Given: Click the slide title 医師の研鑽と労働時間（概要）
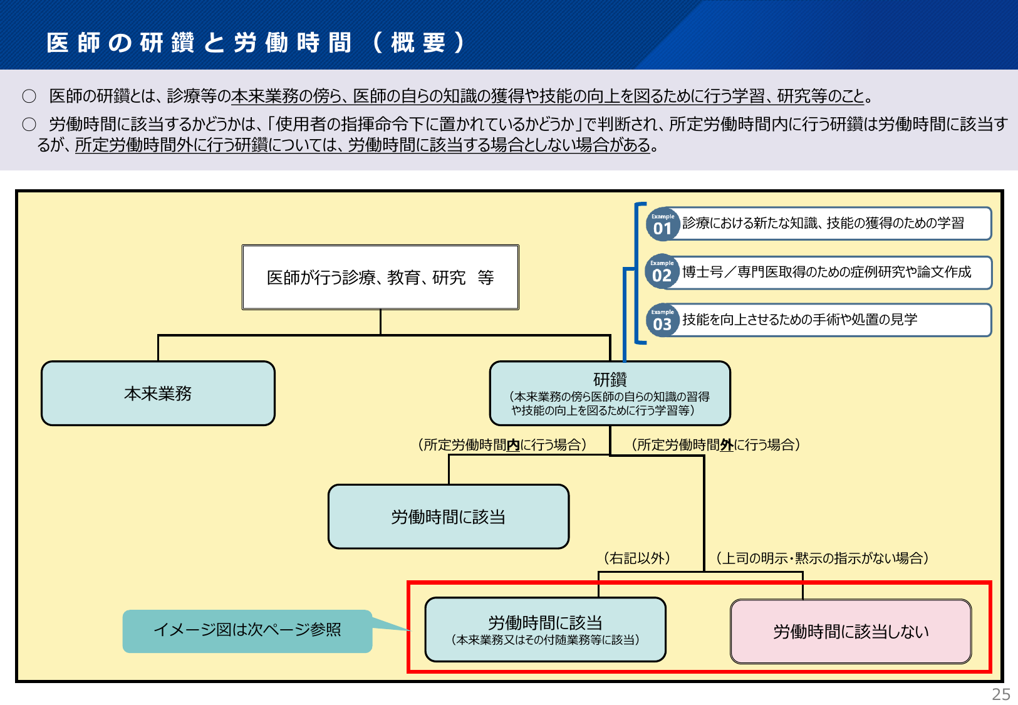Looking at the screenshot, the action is [256, 43].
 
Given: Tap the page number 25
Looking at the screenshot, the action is [1000, 694].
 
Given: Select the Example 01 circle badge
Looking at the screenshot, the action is [663, 224].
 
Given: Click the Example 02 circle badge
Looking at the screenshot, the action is [662, 271].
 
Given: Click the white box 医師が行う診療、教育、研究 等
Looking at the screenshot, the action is [380, 277].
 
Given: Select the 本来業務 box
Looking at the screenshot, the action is [158, 393].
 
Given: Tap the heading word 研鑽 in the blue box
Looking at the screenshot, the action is [610, 379].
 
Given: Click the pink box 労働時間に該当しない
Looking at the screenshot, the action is [851, 631].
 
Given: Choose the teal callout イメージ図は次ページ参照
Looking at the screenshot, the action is [247, 631].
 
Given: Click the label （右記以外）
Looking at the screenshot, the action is [637, 558].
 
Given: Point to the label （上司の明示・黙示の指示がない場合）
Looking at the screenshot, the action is [822, 558].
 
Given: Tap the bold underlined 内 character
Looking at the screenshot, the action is [513, 444].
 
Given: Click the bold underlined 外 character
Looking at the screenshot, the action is [727, 444].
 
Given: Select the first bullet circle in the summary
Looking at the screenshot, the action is [29, 96].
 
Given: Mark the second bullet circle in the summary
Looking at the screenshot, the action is [29, 124].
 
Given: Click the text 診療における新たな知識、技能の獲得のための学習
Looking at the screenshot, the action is [823, 222].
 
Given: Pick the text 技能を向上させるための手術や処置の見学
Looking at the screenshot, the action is [800, 319].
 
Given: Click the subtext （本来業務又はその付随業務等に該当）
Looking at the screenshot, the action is [546, 640].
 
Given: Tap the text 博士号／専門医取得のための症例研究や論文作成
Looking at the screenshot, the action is [827, 271].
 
